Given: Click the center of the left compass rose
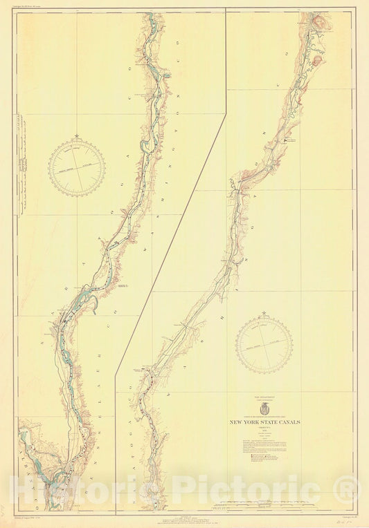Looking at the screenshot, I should (77, 167).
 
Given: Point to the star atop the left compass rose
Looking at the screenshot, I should (77, 138).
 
